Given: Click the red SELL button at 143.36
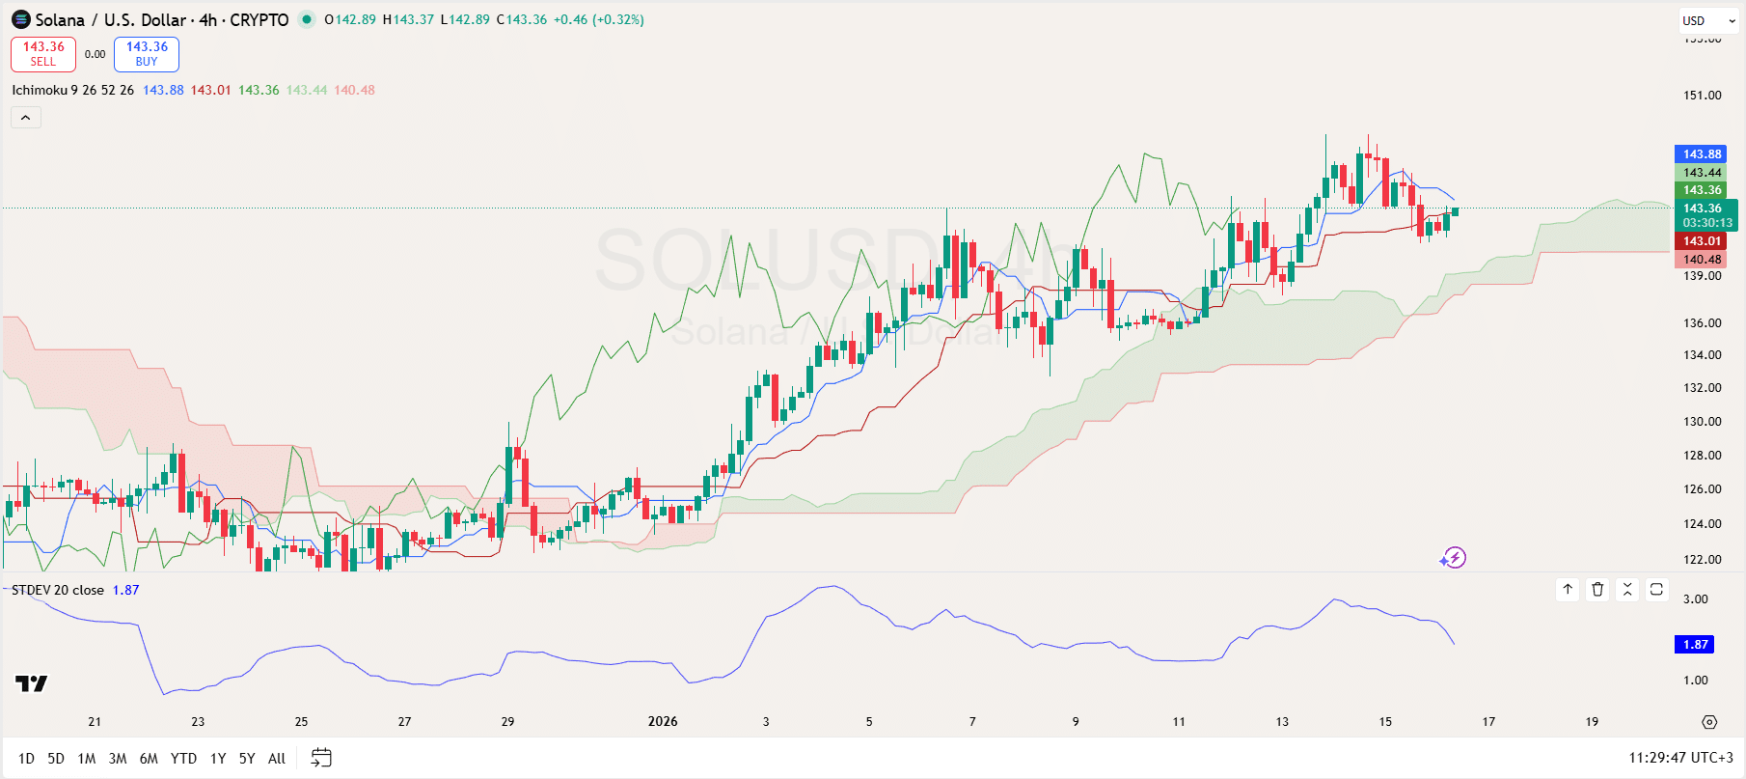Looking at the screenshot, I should (43, 54).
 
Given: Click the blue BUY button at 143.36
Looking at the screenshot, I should (147, 54).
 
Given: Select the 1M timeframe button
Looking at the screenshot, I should (87, 759).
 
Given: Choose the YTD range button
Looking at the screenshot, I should (183, 759).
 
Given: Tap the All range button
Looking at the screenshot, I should (277, 759).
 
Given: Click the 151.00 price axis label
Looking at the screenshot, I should (1702, 96).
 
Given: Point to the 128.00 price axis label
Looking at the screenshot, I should (1702, 456).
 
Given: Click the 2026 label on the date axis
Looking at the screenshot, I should (663, 722).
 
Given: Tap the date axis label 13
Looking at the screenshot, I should (1282, 722).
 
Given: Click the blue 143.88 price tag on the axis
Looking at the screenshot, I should (1702, 154).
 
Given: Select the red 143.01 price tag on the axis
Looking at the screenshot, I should (1702, 241).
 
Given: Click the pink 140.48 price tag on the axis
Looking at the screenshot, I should (1702, 260).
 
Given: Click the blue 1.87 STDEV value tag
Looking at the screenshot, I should (1695, 645).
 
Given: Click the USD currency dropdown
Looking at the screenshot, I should (1708, 21).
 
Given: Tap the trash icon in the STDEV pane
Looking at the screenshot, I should (1597, 589).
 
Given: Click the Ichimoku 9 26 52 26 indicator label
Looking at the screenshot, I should (73, 91).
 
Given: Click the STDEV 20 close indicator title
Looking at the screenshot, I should (58, 591).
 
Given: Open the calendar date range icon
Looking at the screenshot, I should (321, 759).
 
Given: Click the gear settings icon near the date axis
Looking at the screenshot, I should (1709, 722).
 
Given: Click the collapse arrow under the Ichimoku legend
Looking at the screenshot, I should (26, 118).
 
